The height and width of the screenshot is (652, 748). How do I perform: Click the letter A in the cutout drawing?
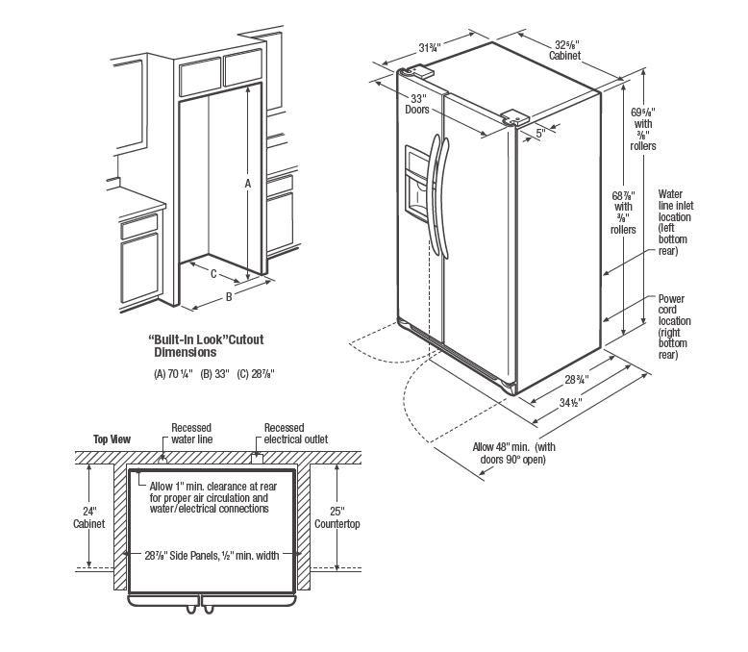pos(248,183)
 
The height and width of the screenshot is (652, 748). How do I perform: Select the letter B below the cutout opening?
pos(229,297)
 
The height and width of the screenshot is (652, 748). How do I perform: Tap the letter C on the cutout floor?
pos(213,272)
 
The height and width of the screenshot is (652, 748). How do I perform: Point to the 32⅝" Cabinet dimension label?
pos(564,49)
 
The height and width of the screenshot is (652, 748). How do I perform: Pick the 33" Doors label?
pos(417,104)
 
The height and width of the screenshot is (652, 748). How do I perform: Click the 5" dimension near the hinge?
pos(540,133)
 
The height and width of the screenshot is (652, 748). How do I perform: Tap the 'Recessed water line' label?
pos(191,434)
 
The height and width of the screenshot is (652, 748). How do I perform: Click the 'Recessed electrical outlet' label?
pos(296,434)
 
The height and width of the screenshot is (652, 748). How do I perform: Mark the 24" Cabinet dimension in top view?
pos(88,518)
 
